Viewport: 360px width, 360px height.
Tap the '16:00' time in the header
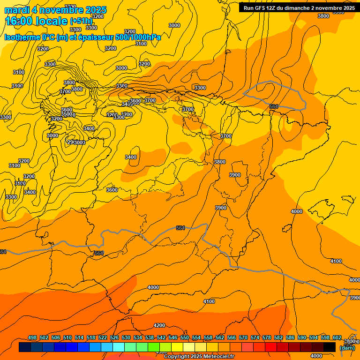point(20,21)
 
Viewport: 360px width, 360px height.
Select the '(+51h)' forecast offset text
point(81,21)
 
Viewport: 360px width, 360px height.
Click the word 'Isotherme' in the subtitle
point(22,37)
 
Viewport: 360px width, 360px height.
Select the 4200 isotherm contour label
point(159,325)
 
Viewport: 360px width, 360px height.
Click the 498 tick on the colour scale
point(32,337)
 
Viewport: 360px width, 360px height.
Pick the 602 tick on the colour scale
point(337,337)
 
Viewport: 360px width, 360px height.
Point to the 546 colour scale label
point(173,337)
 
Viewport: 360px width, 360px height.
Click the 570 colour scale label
point(243,337)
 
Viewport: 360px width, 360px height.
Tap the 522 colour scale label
point(103,337)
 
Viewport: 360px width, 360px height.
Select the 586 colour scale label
point(290,337)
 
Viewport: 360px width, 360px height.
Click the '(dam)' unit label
point(347,348)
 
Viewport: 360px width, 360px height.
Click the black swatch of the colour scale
point(329,347)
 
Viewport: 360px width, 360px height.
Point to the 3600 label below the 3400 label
point(112,190)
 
